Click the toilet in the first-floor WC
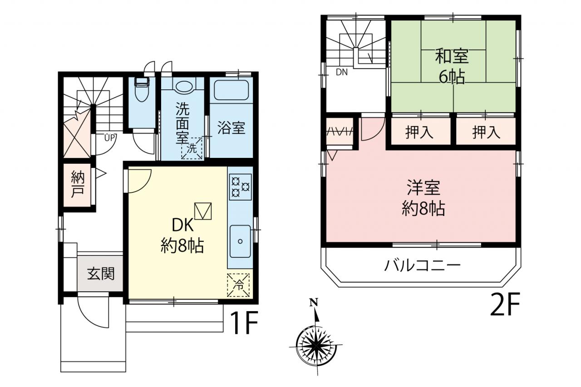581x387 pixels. click(142, 89)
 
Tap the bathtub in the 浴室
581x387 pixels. click(231, 90)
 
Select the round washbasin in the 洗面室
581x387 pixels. click(184, 86)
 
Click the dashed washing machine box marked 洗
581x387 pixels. click(192, 148)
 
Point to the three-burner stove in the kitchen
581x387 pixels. click(240, 186)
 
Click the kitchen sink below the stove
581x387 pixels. click(240, 241)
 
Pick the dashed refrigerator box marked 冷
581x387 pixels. click(238, 285)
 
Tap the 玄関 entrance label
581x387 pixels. click(101, 274)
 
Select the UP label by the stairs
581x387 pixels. click(109, 137)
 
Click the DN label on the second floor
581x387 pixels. click(342, 72)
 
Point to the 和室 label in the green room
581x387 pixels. click(452, 56)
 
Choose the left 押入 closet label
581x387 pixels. click(419, 132)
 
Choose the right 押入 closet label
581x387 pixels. click(486, 132)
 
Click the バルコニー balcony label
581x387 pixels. click(422, 265)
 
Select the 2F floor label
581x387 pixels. click(505, 304)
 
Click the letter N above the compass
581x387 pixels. click(314, 302)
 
